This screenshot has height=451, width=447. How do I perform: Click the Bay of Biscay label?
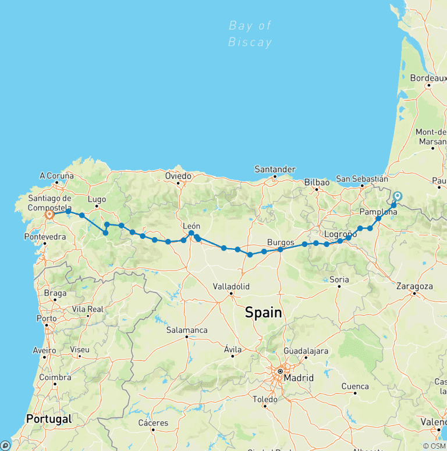pyautogui.click(x=250, y=34)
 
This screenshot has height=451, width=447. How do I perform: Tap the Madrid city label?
pyautogui.click(x=298, y=378)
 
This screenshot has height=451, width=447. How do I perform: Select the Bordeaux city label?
pyautogui.click(x=428, y=77)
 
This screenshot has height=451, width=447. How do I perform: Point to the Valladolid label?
pyautogui.click(x=231, y=287)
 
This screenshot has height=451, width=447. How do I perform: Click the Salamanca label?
pyautogui.click(x=187, y=330)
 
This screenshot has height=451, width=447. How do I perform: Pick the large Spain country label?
pyautogui.click(x=263, y=313)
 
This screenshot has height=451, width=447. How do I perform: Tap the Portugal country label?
pyautogui.click(x=49, y=419)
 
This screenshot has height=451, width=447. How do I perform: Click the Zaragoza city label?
pyautogui.click(x=414, y=286)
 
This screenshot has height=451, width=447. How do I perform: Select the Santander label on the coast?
pyautogui.click(x=275, y=169)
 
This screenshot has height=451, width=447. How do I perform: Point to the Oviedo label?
pyautogui.click(x=178, y=176)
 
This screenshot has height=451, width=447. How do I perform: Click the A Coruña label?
pyautogui.click(x=57, y=176)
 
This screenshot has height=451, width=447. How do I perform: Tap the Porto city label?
pyautogui.click(x=46, y=318)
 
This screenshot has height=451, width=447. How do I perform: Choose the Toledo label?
pyautogui.click(x=265, y=399)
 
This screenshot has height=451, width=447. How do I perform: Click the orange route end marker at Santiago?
pyautogui.click(x=49, y=214)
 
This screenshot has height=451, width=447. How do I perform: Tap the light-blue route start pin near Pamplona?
pyautogui.click(x=398, y=196)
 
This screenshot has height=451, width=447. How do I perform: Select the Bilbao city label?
pyautogui.click(x=317, y=182)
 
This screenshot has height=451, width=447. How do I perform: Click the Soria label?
pyautogui.click(x=339, y=280)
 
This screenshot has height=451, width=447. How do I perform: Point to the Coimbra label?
pyautogui.click(x=55, y=377)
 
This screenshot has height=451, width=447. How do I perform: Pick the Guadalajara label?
pyautogui.click(x=306, y=351)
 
